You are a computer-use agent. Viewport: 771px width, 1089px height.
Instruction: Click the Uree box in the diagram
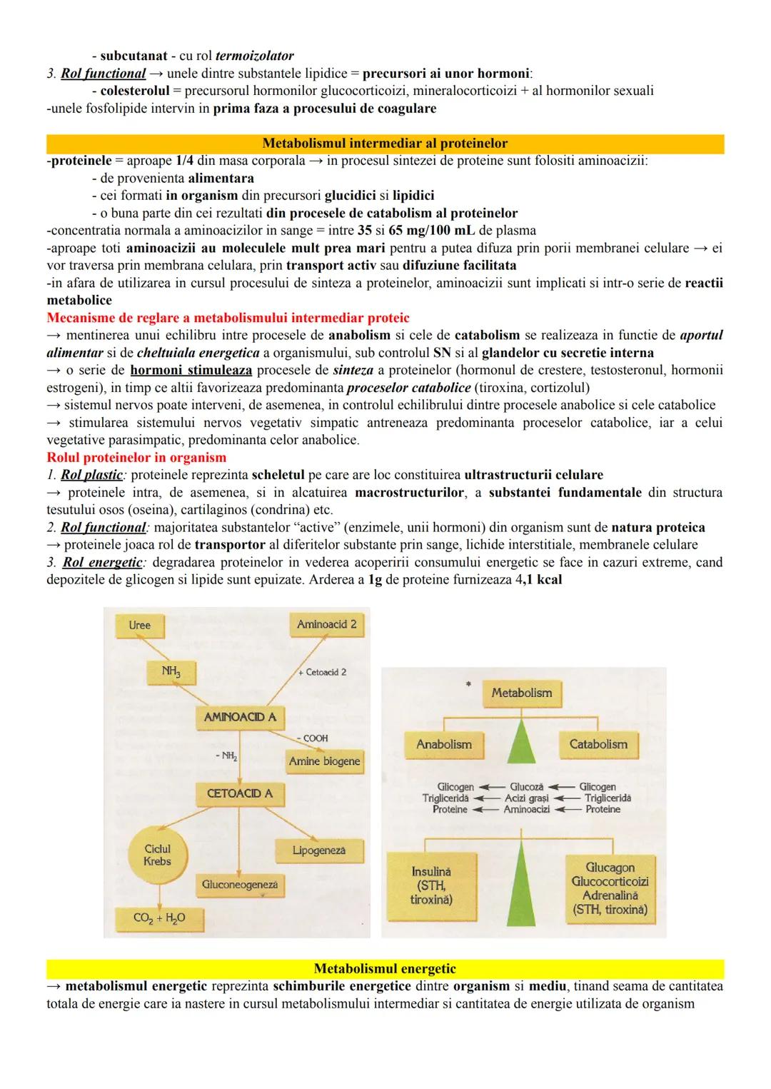[140, 626]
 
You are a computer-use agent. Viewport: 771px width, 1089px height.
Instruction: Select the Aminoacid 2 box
[326, 625]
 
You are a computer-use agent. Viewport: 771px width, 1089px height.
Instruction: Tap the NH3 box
[170, 671]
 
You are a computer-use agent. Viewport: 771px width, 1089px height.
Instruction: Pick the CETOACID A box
[239, 793]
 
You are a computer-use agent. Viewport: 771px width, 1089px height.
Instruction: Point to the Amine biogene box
[324, 761]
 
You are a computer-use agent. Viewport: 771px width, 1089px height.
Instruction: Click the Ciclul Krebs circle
[157, 855]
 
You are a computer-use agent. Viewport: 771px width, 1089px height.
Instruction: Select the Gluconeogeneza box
[240, 884]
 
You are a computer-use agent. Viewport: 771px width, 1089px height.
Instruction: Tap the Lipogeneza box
[318, 850]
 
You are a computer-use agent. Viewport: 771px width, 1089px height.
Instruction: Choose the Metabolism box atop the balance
[521, 693]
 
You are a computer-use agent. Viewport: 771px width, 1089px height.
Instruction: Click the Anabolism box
[443, 744]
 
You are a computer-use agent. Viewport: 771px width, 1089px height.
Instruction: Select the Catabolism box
[598, 744]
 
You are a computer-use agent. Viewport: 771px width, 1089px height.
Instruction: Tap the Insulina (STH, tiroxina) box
[431, 885]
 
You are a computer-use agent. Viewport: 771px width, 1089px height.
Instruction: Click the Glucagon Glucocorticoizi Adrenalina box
[609, 888]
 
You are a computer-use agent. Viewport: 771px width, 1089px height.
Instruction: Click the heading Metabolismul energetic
[385, 969]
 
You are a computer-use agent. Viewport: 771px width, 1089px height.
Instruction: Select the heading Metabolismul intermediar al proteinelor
[385, 144]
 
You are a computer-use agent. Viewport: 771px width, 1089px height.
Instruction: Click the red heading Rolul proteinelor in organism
[136, 458]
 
